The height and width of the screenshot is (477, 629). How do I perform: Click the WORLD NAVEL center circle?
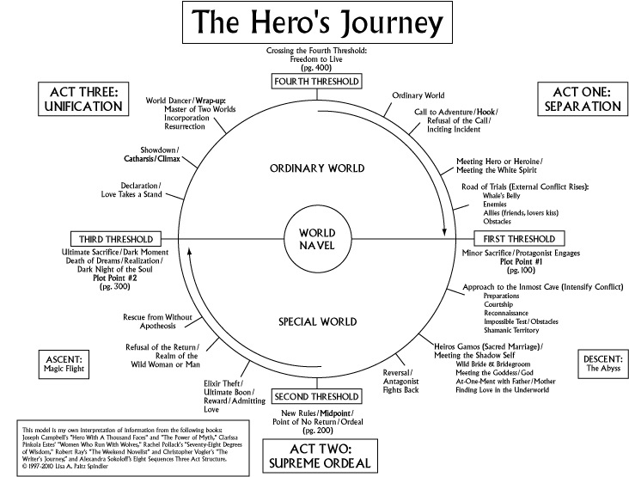309,238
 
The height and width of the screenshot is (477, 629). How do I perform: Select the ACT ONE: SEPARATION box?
579,100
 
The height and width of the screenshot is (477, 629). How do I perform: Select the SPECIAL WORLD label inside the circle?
309,322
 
